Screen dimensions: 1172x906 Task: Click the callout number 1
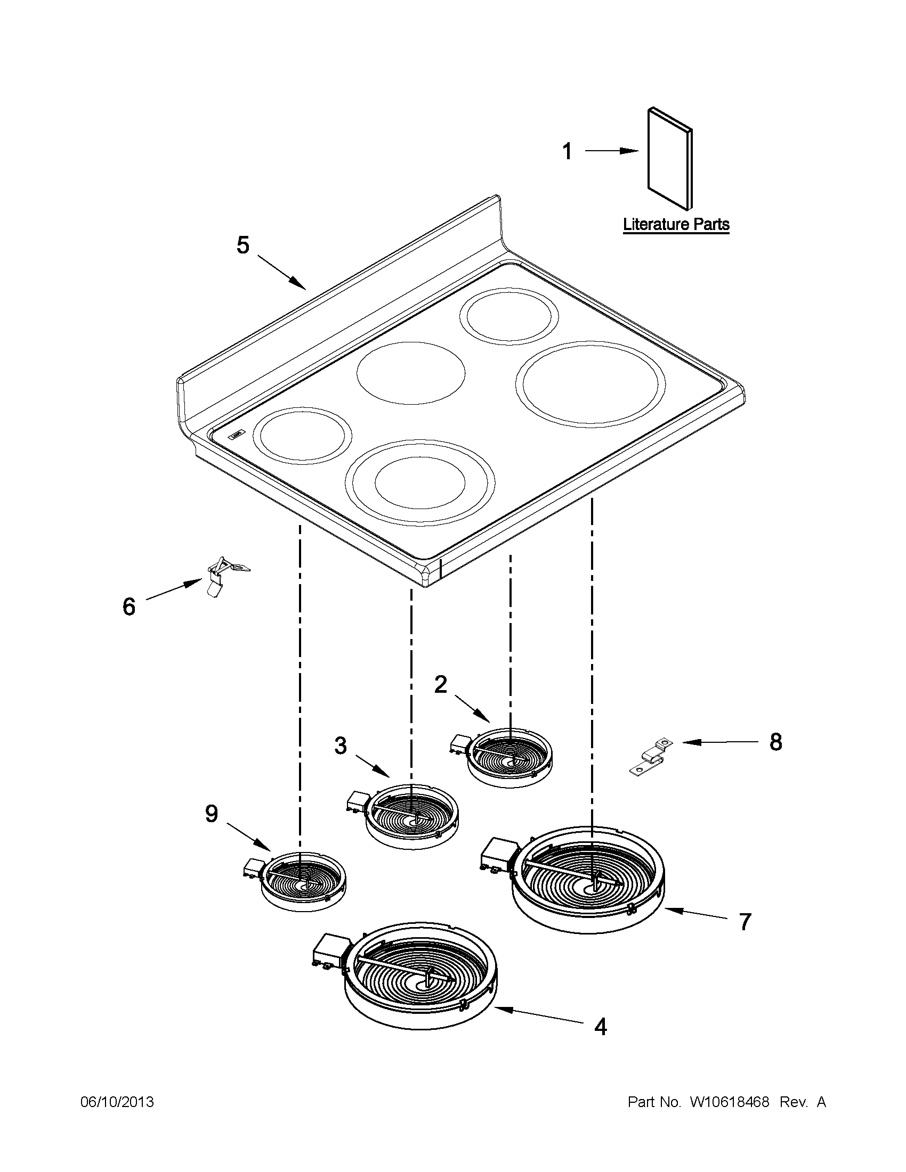567,152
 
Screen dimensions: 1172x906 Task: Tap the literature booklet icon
670,158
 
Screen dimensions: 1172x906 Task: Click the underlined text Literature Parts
676,224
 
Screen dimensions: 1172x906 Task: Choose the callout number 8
775,743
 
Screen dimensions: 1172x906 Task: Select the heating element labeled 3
411,817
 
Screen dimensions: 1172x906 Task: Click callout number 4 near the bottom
601,1027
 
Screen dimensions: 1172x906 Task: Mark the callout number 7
745,922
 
